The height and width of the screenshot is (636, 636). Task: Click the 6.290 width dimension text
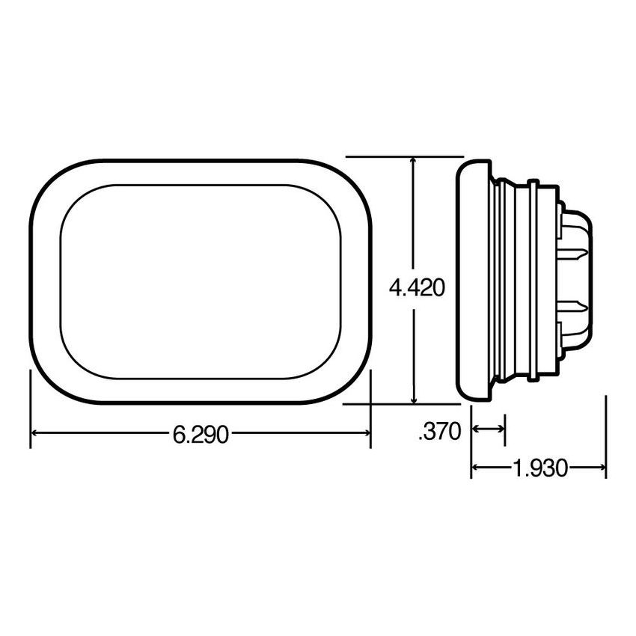(200, 434)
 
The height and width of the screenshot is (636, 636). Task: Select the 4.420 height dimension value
(416, 287)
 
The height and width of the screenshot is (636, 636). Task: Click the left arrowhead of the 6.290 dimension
(34, 433)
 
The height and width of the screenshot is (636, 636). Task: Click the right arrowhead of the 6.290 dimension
(366, 433)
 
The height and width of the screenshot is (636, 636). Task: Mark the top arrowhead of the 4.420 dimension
(414, 162)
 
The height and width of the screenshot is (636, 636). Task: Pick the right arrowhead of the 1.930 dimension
(601, 469)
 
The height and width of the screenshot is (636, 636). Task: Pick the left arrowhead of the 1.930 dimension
(475, 469)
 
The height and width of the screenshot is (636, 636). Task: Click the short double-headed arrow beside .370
(488, 429)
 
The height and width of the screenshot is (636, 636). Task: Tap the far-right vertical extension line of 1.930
(605, 438)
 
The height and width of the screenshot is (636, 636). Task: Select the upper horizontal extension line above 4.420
(404, 156)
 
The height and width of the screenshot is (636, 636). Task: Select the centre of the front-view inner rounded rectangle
(201, 281)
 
